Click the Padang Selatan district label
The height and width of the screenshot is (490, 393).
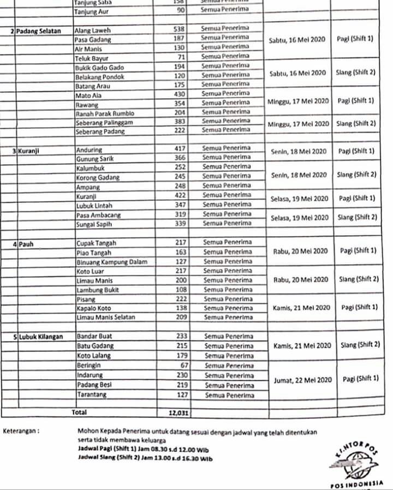tap(38, 31)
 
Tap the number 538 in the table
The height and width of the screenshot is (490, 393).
tap(179, 29)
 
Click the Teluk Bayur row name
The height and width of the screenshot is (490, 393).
tap(92, 58)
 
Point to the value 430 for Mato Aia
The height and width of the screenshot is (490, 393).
tap(180, 94)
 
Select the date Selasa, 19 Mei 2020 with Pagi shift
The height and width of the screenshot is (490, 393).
tap(300, 199)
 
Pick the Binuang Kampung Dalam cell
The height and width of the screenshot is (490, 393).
tap(112, 262)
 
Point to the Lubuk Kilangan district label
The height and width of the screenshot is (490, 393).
tap(40, 337)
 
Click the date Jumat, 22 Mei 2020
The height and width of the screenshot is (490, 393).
tap(302, 380)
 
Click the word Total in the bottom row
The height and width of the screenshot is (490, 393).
tap(79, 413)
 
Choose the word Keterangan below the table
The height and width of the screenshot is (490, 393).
tap(21, 431)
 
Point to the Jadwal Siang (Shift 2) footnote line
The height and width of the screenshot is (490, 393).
tap(145, 459)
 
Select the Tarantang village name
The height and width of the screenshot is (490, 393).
tap(92, 395)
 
